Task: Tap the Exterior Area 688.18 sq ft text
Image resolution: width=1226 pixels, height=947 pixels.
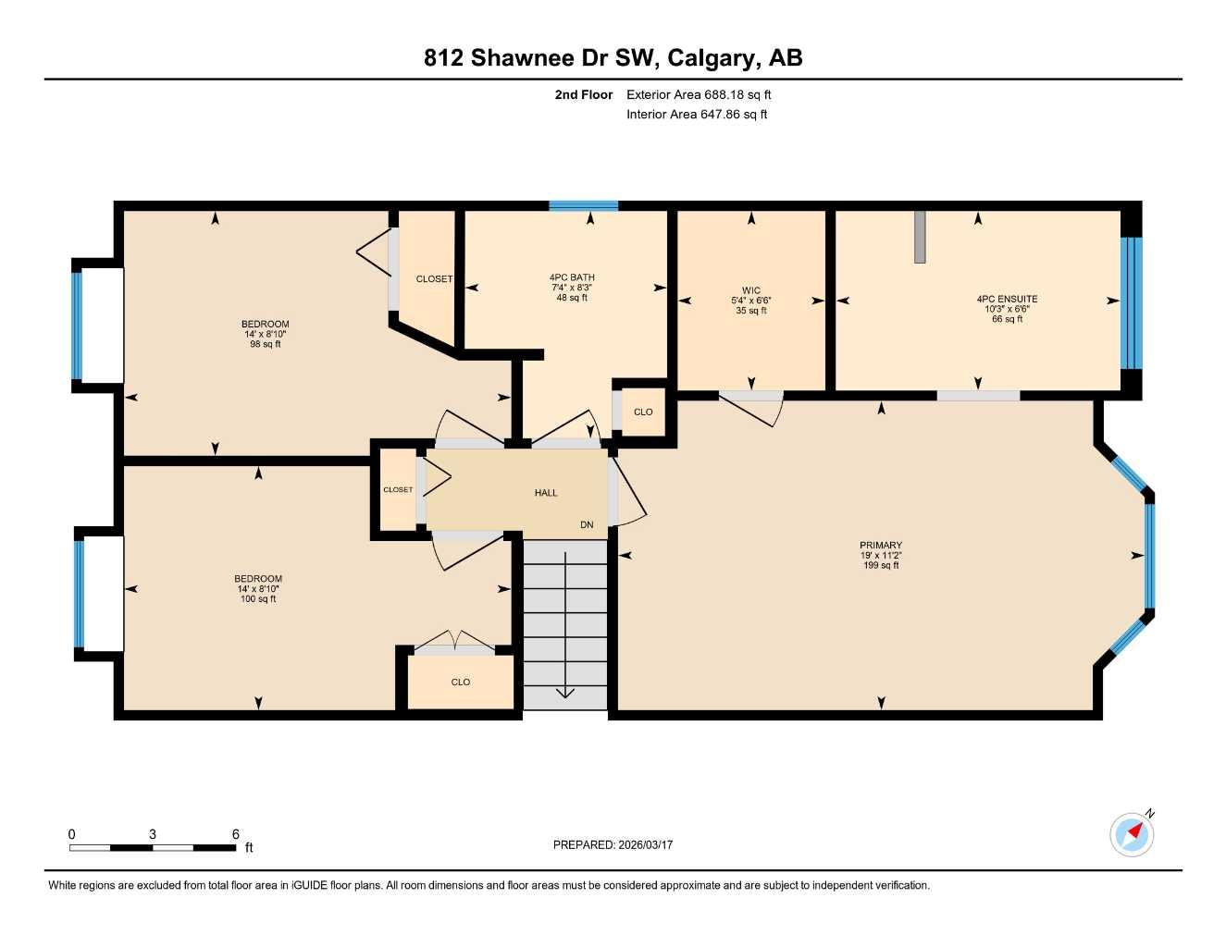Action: click(x=699, y=94)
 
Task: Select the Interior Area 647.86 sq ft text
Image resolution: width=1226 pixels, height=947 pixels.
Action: click(x=697, y=115)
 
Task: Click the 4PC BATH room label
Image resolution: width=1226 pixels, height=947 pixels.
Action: click(x=572, y=287)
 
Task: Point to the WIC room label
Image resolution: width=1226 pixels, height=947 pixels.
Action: click(x=751, y=301)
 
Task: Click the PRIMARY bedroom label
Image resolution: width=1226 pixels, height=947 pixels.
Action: click(x=880, y=555)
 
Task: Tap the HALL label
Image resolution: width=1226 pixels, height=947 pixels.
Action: click(x=546, y=493)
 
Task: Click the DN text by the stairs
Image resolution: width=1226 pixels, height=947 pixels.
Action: click(x=587, y=525)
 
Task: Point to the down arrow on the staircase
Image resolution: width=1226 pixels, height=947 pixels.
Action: click(x=565, y=692)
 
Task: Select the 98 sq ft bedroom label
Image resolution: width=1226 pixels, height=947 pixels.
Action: click(x=265, y=334)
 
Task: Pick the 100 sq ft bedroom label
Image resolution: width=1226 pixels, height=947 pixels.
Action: click(x=258, y=589)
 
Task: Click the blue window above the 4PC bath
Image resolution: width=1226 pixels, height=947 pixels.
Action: click(x=583, y=205)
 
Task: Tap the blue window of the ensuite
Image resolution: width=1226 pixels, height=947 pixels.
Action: click(x=1131, y=302)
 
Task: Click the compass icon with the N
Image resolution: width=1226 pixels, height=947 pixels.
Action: click(x=1132, y=834)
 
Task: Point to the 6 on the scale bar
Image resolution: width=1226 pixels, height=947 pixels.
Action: click(x=236, y=833)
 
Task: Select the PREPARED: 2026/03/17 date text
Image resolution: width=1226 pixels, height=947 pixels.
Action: click(x=613, y=844)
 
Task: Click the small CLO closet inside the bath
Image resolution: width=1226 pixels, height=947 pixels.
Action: click(x=643, y=412)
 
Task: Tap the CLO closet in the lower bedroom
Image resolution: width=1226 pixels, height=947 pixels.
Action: click(x=461, y=682)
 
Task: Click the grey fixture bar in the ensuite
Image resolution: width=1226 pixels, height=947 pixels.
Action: click(x=920, y=237)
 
